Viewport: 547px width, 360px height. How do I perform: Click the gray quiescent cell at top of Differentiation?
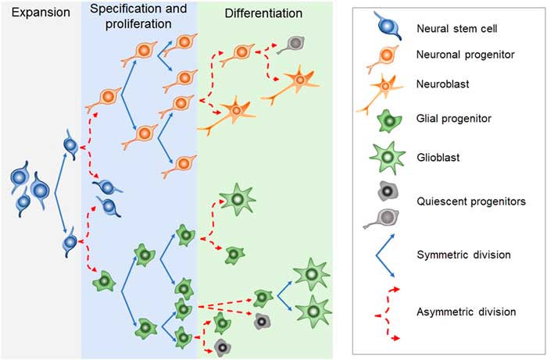296,43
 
